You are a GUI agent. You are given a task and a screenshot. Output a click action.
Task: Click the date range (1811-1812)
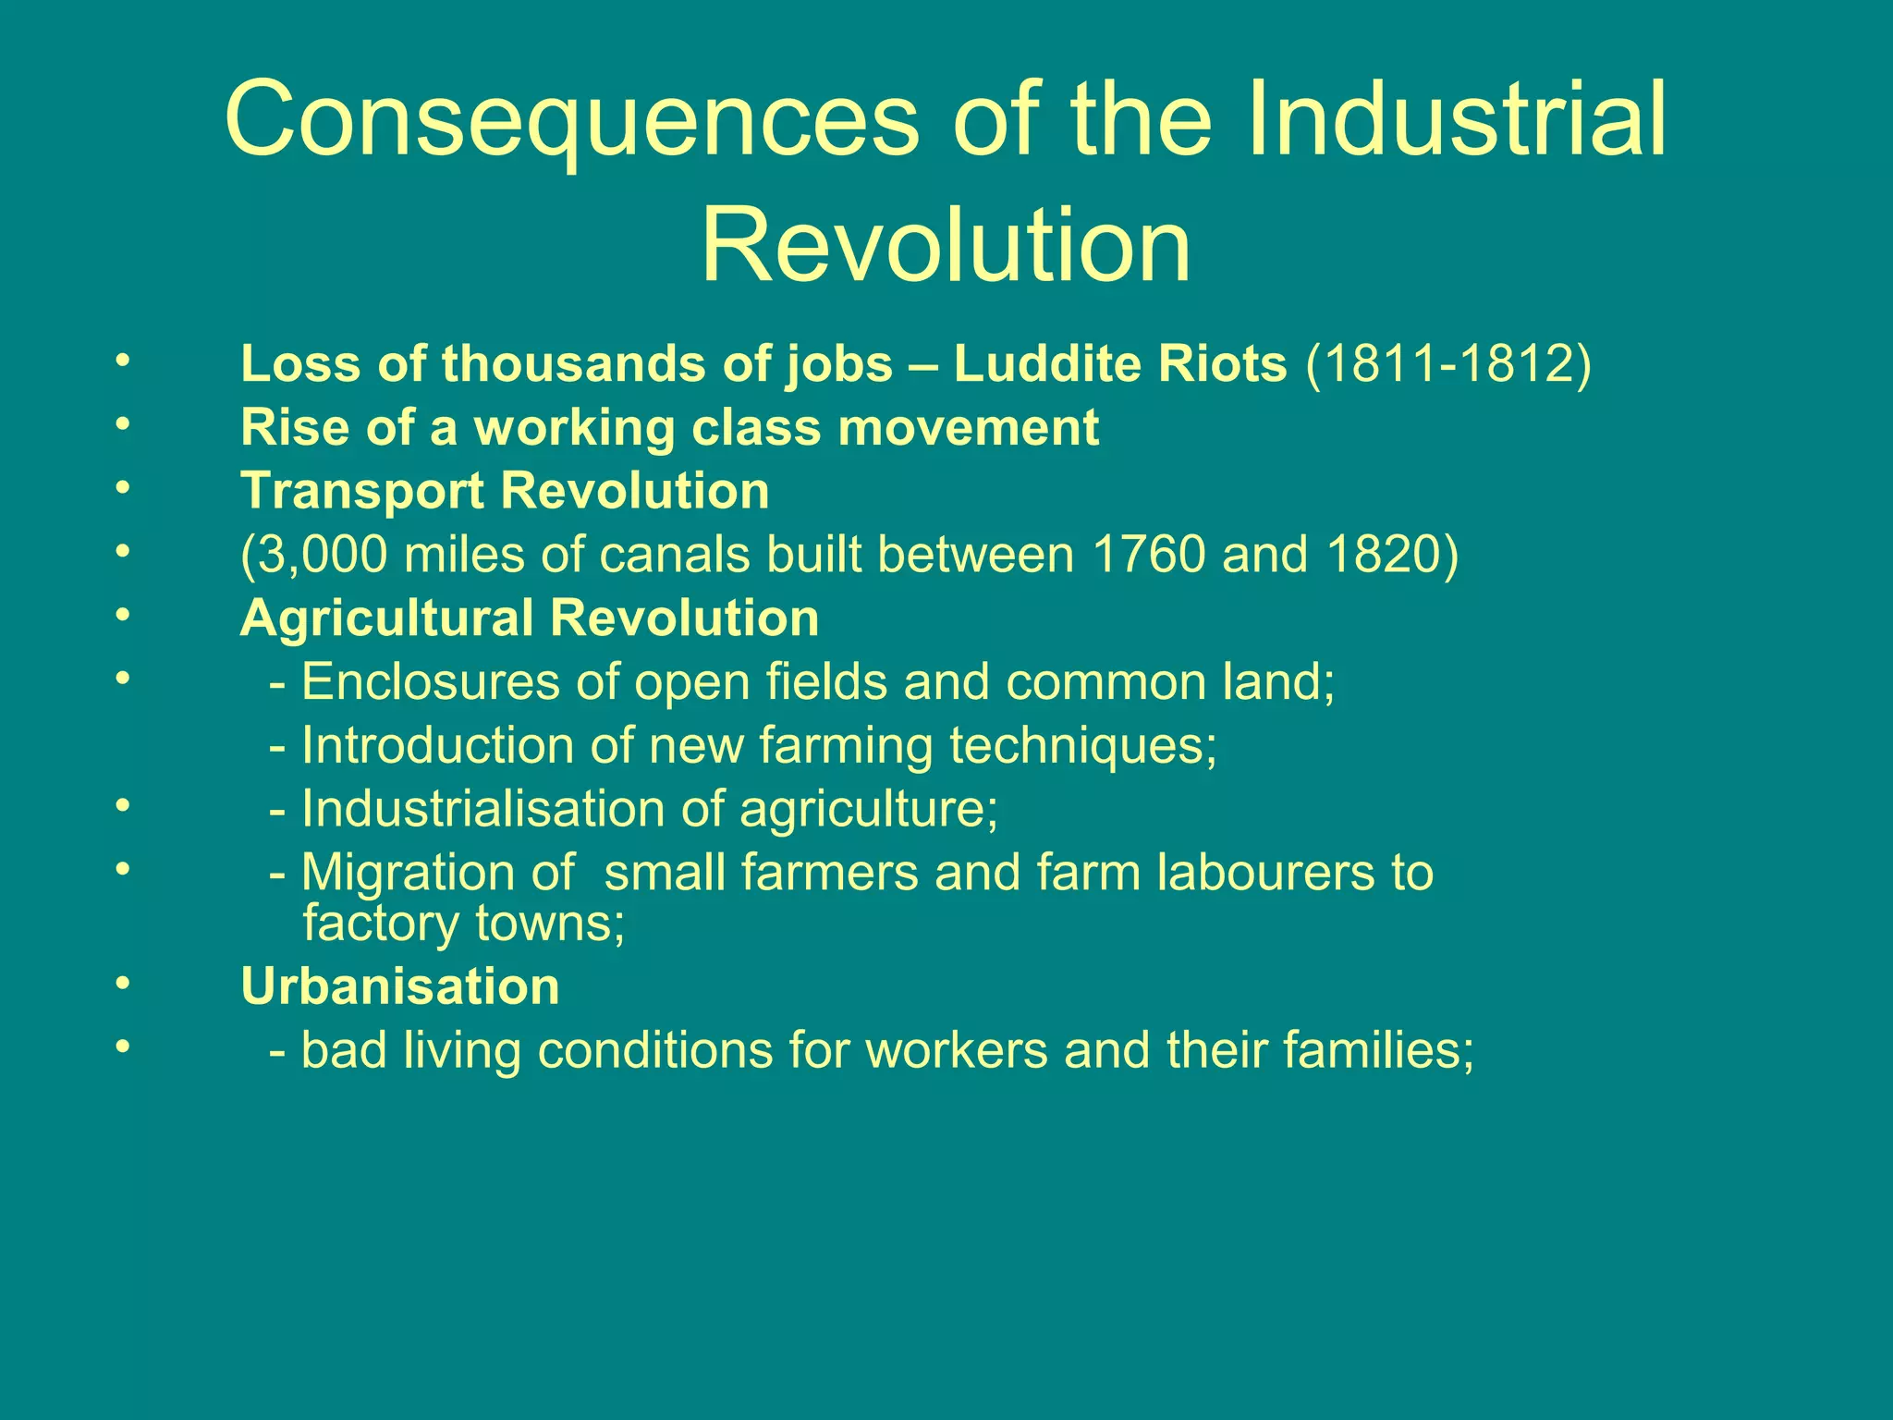click(x=1448, y=363)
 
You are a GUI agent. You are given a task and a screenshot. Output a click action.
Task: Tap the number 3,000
click(x=313, y=555)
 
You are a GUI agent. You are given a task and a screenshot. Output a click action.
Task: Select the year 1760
click(x=1149, y=555)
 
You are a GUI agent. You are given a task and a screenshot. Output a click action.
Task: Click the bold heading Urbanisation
click(x=399, y=986)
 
